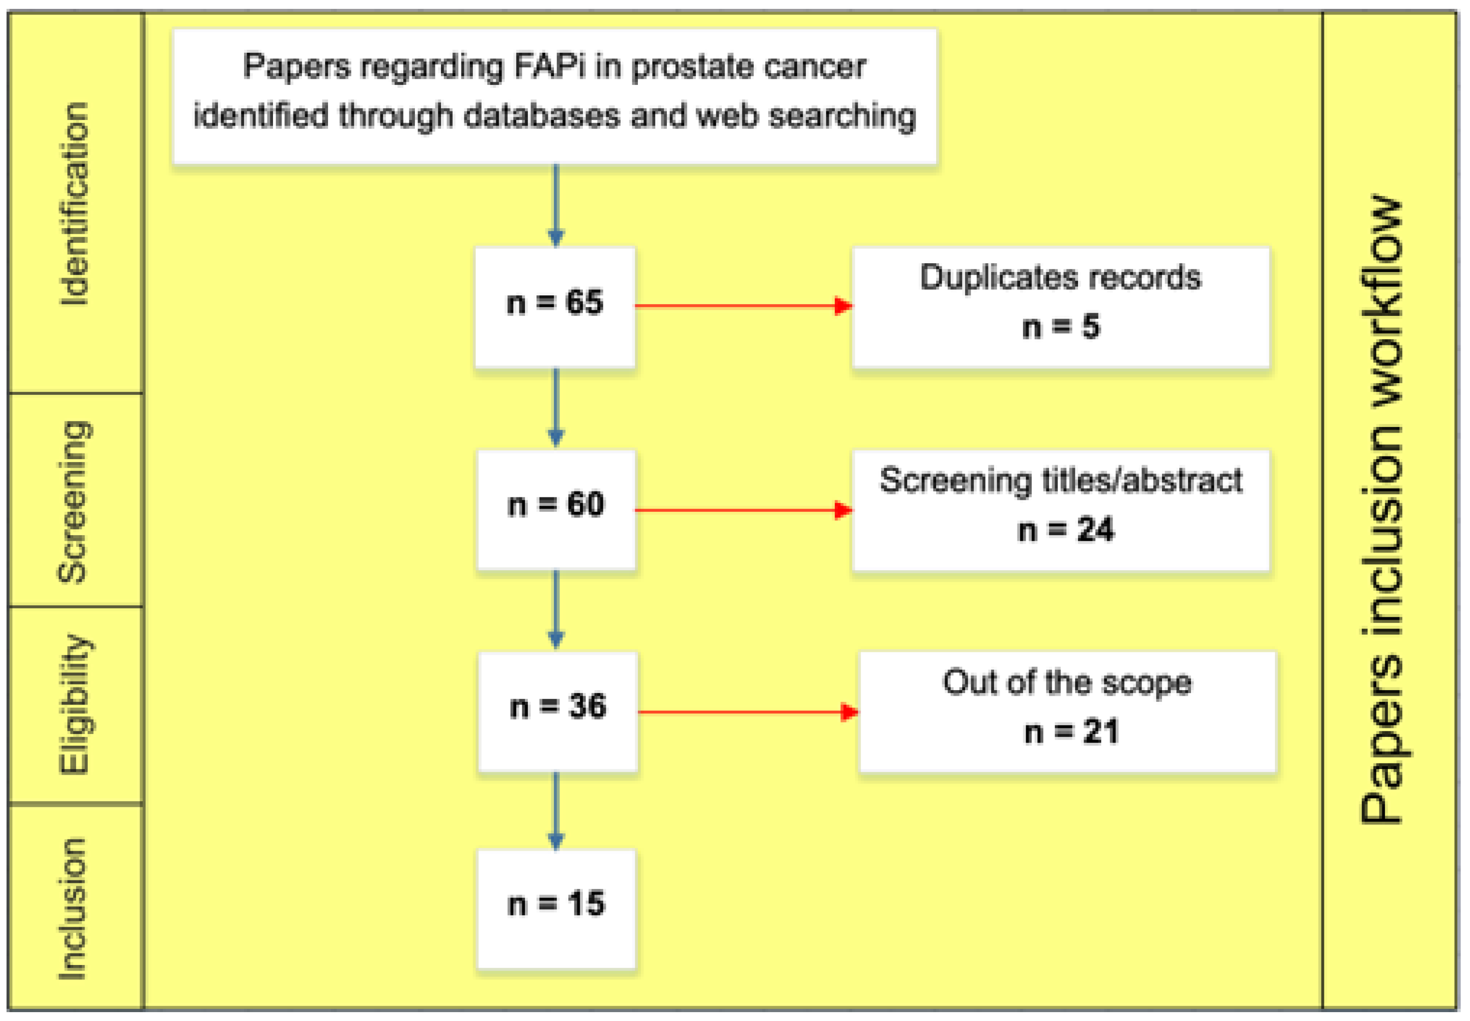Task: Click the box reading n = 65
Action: click(x=554, y=307)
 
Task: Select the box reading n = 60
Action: click(x=556, y=509)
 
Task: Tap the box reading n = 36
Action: click(x=558, y=711)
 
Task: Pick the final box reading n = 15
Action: click(x=556, y=909)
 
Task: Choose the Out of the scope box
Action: click(x=1067, y=711)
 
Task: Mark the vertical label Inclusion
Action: click(x=72, y=909)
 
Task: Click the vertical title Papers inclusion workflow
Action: click(x=1382, y=509)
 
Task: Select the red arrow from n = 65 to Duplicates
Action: click(x=742, y=306)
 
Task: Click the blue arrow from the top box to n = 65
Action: click(x=556, y=205)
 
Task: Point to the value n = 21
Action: click(x=1071, y=732)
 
